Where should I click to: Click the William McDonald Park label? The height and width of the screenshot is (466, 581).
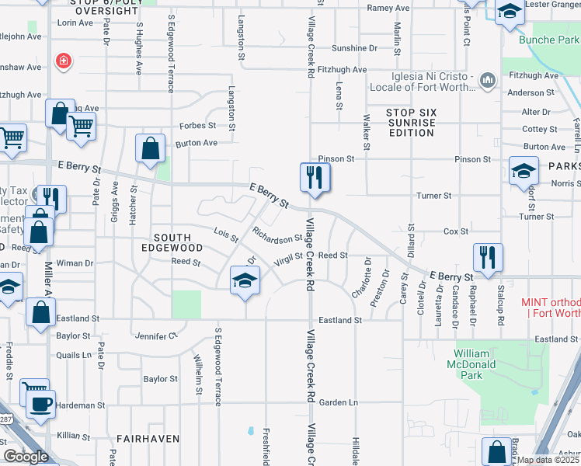pos(477,363)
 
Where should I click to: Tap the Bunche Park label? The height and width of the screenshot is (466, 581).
pos(548,40)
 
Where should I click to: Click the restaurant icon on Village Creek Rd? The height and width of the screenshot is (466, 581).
pos(315,178)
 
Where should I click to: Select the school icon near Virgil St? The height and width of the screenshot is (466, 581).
pos(245,280)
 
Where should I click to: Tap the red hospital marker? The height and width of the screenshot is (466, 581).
pos(62,61)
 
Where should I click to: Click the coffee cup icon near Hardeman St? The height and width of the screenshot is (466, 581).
pos(40,403)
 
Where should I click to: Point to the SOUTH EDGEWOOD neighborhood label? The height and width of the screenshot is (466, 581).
pos(178,242)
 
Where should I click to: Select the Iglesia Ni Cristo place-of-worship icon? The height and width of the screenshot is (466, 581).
pos(488,80)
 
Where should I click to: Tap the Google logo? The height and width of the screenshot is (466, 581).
pos(26,457)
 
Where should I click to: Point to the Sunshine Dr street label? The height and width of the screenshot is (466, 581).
pos(354,48)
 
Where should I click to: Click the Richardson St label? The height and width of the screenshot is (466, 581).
pos(277,235)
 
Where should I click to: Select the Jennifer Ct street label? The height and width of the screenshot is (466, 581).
pos(156,336)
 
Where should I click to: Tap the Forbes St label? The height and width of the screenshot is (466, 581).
pos(197,125)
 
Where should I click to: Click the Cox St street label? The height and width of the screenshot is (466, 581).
pos(456,231)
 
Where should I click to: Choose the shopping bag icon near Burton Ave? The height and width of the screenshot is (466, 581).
pos(151,149)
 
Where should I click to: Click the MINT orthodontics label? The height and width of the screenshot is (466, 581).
pos(551,307)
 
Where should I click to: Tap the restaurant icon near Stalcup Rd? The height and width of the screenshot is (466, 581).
pos(488,258)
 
